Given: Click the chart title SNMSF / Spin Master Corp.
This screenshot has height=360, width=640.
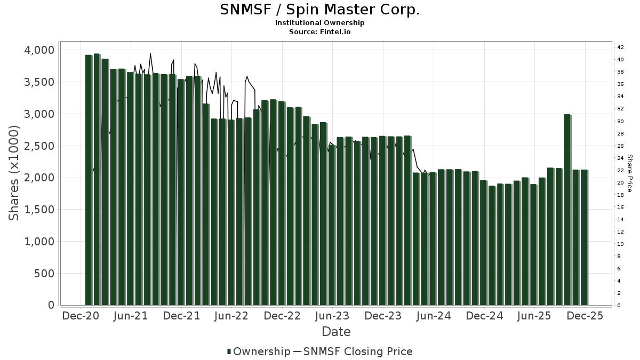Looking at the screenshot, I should coord(319,10).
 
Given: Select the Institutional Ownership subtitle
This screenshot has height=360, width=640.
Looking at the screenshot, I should coord(319,23).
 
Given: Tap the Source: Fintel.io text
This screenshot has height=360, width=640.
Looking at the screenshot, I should coord(319,32).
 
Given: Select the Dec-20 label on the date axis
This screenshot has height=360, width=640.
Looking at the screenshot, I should coord(81,316).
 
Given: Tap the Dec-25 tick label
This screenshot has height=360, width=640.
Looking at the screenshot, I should coord(585,316).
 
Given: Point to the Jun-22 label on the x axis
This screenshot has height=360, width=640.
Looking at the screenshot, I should coord(232,316).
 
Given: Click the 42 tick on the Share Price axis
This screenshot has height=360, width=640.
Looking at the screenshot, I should coord(621,47).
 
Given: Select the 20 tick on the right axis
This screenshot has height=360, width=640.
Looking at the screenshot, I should coord(621,183).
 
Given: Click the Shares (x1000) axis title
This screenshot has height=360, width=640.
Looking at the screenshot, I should coord(14,173).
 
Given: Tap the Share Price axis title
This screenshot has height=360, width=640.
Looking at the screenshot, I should coord(629,173).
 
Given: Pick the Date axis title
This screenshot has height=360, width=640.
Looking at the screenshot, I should coord(336,332).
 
